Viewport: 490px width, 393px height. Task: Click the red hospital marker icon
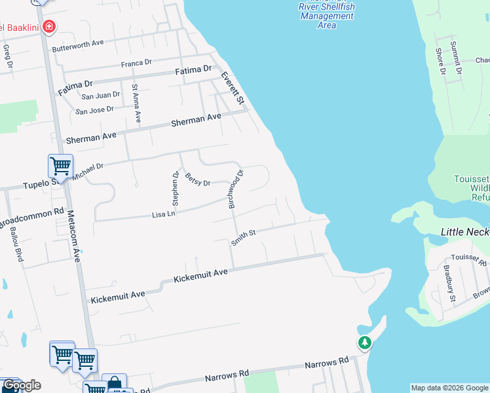(x=48, y=27)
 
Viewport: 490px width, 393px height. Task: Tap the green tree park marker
(x=364, y=342)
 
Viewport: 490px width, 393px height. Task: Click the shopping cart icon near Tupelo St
(x=60, y=166)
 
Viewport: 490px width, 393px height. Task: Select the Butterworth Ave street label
(x=79, y=44)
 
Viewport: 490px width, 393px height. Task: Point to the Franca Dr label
(x=136, y=63)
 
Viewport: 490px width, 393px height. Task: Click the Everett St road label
(x=233, y=88)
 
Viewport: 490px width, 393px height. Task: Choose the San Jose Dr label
(x=94, y=110)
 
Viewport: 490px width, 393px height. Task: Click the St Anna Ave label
(x=136, y=103)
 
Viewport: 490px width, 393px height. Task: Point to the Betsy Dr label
(x=197, y=179)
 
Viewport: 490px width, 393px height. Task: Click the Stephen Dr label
(x=176, y=188)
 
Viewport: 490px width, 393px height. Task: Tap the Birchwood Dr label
(x=236, y=189)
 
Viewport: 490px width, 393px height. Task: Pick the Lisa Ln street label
(x=164, y=214)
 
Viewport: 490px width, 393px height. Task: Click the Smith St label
(x=242, y=234)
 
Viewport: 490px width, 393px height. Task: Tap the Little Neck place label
(x=464, y=232)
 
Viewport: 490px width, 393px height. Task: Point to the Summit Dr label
(x=454, y=57)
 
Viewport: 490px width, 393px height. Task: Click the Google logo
(x=22, y=385)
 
